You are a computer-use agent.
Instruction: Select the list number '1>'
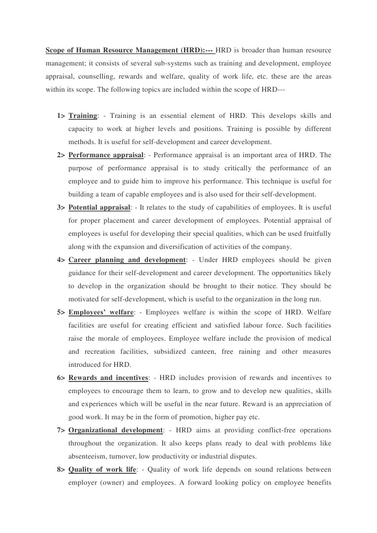[61, 115]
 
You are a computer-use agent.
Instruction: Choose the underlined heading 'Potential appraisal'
[100, 207]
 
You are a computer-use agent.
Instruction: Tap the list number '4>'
[61, 260]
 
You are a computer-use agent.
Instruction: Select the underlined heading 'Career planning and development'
[127, 260]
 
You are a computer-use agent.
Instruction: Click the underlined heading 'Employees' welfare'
[101, 312]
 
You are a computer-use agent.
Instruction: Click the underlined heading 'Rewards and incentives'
[109, 377]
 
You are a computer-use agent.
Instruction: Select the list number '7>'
[61, 430]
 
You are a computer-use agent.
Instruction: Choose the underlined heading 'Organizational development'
[115, 430]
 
